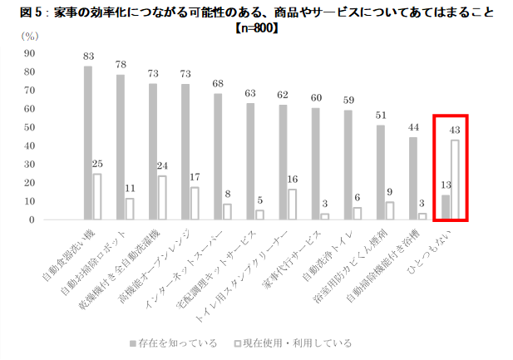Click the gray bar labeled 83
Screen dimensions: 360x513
[88, 143]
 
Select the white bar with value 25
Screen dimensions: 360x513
[97, 197]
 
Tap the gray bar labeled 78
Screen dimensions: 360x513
[121, 147]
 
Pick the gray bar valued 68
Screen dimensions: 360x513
[218, 156]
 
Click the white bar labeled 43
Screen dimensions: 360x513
[455, 180]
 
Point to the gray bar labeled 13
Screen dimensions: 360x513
[446, 208]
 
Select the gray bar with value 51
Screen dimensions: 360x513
[381, 172]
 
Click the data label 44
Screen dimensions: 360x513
[413, 127]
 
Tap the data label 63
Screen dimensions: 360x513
[250, 93]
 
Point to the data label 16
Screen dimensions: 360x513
[292, 180]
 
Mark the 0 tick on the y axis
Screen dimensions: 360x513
[31, 220]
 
